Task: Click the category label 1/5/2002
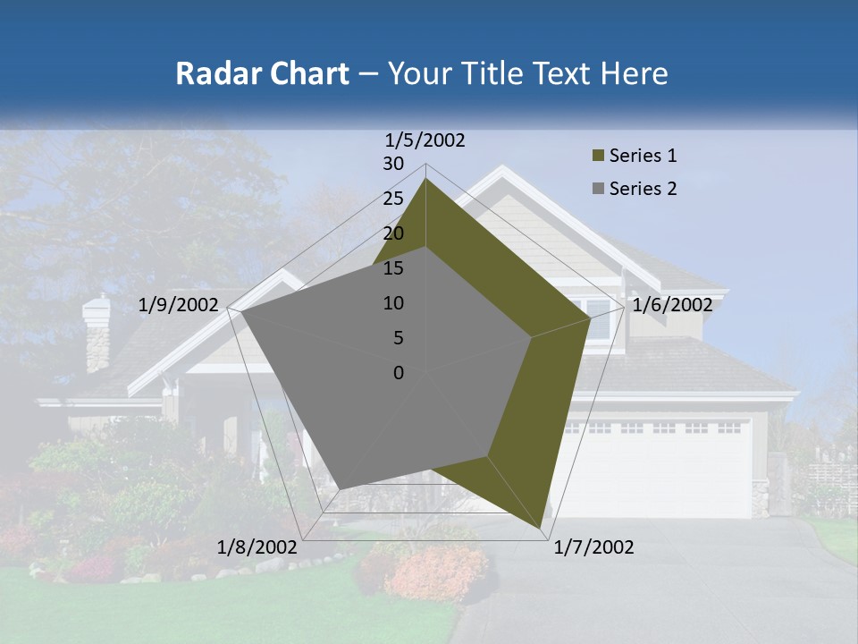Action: pos(425,140)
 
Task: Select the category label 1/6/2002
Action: pos(672,305)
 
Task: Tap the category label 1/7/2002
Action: pos(594,547)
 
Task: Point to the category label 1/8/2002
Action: pos(257,547)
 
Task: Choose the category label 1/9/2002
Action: pos(179,305)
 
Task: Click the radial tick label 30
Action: pos(393,164)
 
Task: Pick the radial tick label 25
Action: pos(393,199)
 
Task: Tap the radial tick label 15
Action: pos(393,268)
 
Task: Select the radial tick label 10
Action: pos(393,303)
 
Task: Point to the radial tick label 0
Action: pos(399,373)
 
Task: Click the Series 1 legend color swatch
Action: pos(598,157)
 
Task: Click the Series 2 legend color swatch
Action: pos(598,189)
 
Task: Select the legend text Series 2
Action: pos(643,189)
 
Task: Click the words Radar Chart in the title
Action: pos(262,73)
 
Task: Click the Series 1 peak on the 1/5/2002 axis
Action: pos(425,179)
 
